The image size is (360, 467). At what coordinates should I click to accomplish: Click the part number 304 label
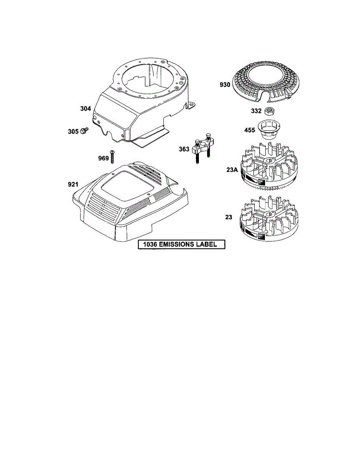[x=86, y=109]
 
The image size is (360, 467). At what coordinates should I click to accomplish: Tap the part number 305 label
[x=73, y=132]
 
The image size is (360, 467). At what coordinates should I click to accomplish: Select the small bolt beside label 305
[x=84, y=132]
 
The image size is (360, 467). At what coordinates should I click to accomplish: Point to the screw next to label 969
[x=112, y=156]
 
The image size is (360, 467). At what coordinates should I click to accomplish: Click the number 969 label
[x=103, y=158]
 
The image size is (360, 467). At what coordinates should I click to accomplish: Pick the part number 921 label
[x=74, y=184]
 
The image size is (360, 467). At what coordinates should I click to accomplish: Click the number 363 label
[x=184, y=149]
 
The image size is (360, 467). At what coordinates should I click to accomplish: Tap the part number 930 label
[x=225, y=84]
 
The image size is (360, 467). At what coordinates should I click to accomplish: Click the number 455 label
[x=249, y=130]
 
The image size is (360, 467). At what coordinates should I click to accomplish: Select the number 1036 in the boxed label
[x=149, y=245]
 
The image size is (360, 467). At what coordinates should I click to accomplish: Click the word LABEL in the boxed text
[x=209, y=245]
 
